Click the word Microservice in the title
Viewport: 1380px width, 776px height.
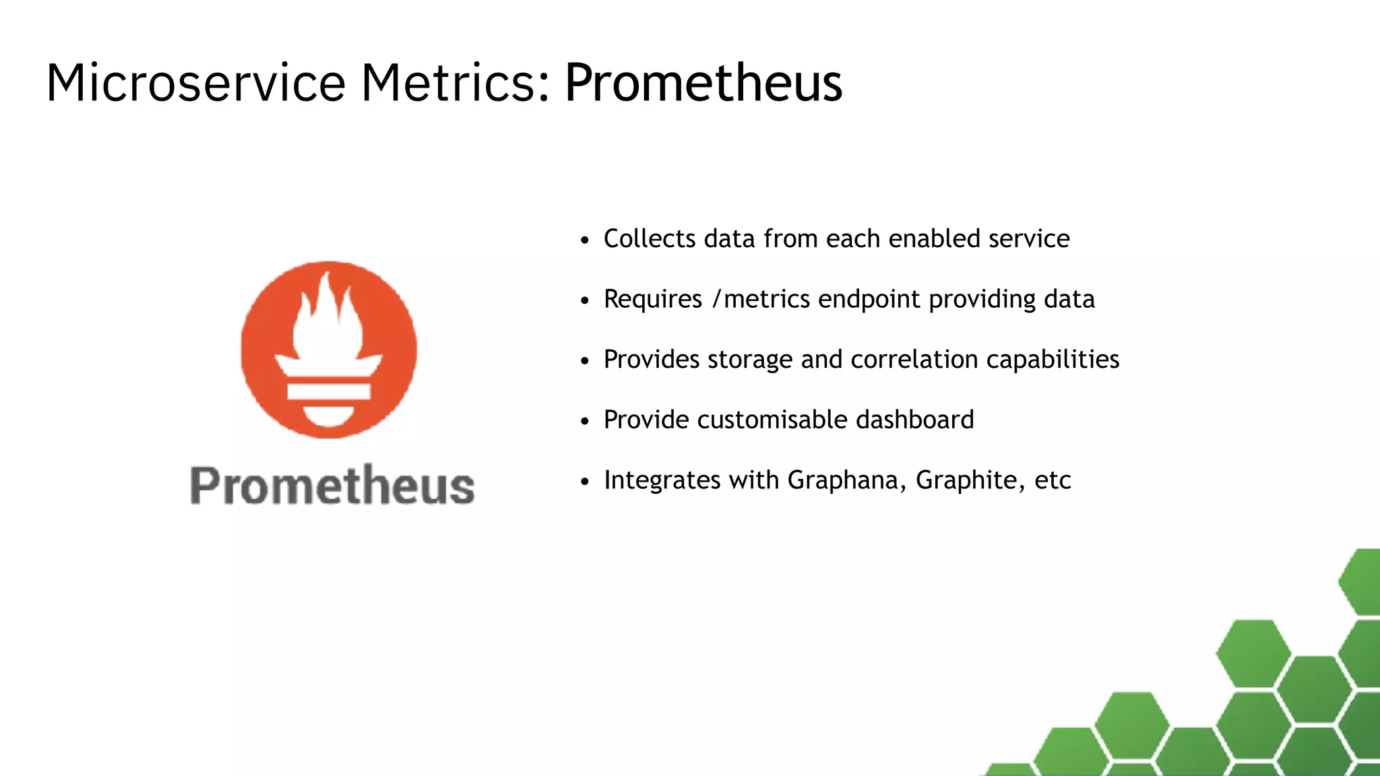point(195,83)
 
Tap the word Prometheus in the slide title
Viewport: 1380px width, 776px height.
point(703,83)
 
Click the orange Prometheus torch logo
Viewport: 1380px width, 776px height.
point(329,350)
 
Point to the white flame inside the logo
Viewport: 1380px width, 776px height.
point(328,317)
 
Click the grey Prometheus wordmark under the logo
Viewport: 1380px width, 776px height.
point(332,485)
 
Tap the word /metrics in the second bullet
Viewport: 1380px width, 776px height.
point(761,299)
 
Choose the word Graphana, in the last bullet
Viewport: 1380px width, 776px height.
point(847,480)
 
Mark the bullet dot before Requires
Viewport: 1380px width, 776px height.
point(585,301)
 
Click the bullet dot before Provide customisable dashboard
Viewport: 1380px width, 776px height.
point(585,422)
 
